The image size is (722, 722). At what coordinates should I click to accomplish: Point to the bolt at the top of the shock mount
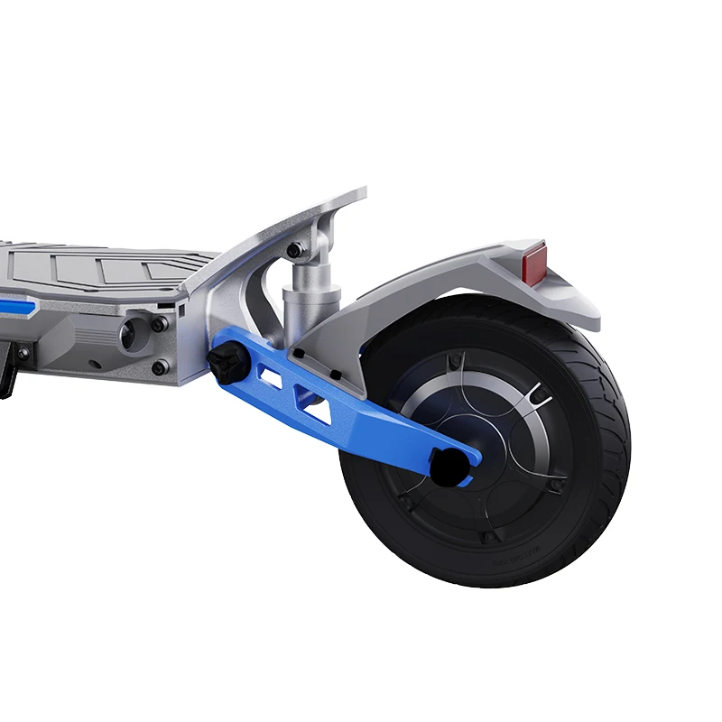(x=294, y=250)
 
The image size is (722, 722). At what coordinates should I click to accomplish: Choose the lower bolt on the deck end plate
(x=160, y=366)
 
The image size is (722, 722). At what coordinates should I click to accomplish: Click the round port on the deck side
(x=128, y=337)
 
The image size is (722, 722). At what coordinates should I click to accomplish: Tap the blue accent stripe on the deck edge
(x=18, y=305)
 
